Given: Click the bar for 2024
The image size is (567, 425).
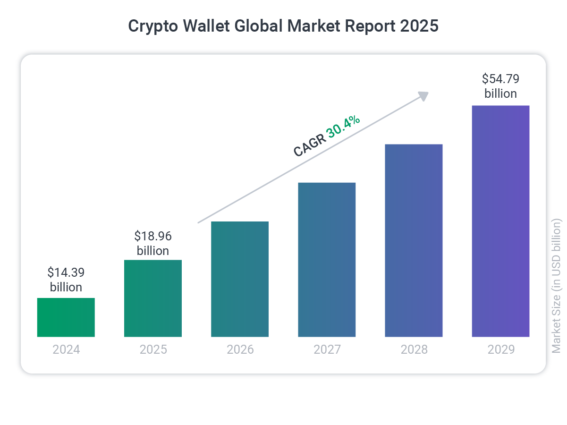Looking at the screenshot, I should (x=66, y=317).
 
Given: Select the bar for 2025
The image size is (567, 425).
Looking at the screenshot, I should (x=153, y=298).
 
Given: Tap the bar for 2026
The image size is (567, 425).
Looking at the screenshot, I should (x=240, y=279).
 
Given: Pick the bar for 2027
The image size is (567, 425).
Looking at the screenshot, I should (x=327, y=260).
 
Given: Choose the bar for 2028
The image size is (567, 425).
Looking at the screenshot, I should (x=414, y=240).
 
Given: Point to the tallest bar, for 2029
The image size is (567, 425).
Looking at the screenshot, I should (x=500, y=221).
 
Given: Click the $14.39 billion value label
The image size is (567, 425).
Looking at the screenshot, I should (x=66, y=280).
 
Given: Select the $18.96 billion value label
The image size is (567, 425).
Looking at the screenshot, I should (x=153, y=243).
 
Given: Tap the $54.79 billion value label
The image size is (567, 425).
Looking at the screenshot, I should (x=500, y=86).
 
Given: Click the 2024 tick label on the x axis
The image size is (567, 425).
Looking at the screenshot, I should (x=66, y=350).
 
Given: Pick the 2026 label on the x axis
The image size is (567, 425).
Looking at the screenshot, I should (x=240, y=350).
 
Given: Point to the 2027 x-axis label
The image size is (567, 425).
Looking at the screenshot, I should (x=327, y=350).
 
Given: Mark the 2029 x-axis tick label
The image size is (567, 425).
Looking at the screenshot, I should (x=500, y=350).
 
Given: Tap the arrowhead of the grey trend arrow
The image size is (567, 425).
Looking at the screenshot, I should (x=423, y=95).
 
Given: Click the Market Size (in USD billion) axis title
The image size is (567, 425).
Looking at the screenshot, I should (x=557, y=285).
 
